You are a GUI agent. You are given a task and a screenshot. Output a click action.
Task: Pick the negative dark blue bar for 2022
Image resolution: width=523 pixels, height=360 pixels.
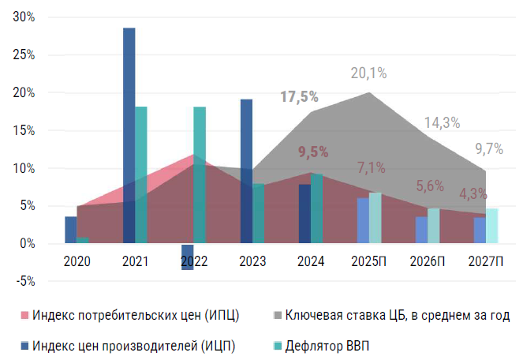[x=188, y=257]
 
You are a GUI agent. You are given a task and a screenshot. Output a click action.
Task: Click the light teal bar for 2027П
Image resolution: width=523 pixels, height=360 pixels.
[x=491, y=226]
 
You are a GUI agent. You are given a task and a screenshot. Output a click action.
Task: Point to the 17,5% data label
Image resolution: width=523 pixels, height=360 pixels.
[x=300, y=97]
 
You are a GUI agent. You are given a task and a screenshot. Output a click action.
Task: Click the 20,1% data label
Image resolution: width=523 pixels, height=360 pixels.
[x=368, y=73]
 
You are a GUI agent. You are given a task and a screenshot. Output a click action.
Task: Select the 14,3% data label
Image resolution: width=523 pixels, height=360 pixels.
[x=442, y=122]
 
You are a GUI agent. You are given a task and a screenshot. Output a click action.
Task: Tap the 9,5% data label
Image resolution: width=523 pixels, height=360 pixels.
[x=313, y=152]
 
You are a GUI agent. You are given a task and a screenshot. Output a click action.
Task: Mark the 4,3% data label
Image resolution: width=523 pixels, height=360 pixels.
[x=473, y=193]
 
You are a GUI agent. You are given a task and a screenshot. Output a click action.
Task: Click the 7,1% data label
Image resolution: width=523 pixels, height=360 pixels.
[x=371, y=167]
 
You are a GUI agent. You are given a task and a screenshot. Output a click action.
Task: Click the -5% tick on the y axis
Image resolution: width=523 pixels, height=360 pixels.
[x=24, y=281]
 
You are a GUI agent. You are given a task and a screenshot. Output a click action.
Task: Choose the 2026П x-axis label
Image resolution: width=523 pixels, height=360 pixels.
[x=428, y=261]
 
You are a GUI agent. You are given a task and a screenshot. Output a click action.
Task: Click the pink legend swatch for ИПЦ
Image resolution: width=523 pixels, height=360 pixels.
[x=24, y=316]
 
